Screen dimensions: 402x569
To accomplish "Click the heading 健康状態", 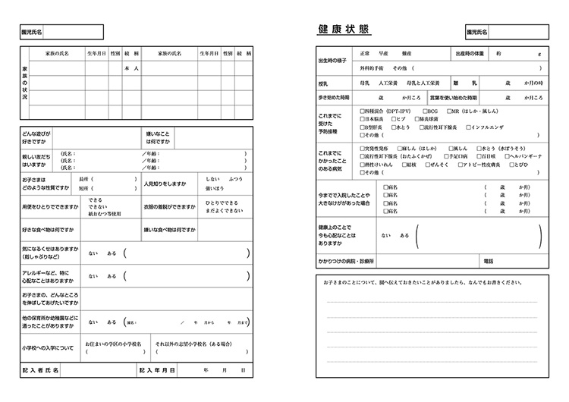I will point(344,29).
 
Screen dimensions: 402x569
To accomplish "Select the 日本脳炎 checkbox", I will point(363,119).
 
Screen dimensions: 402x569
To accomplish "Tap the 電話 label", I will point(487,262).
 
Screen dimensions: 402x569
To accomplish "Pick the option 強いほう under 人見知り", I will point(213,187).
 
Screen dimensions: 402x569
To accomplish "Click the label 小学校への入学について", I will point(48,348).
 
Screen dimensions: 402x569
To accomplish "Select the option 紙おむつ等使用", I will point(104,215).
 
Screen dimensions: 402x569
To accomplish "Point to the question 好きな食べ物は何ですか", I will point(48,229).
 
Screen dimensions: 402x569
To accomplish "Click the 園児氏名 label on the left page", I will point(32,32).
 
